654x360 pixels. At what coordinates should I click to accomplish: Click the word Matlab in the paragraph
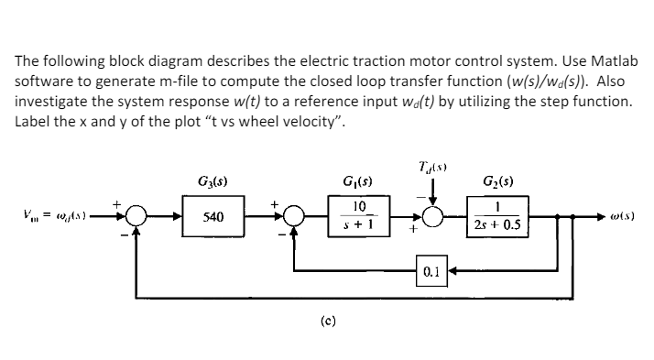coord(597,59)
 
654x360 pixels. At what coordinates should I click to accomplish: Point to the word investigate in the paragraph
coord(53,99)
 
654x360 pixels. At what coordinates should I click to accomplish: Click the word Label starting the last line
coord(33,119)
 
